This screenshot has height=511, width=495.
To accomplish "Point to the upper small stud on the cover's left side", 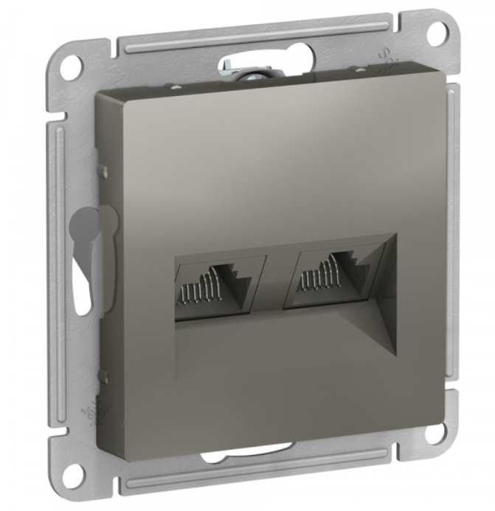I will pos(105,172).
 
